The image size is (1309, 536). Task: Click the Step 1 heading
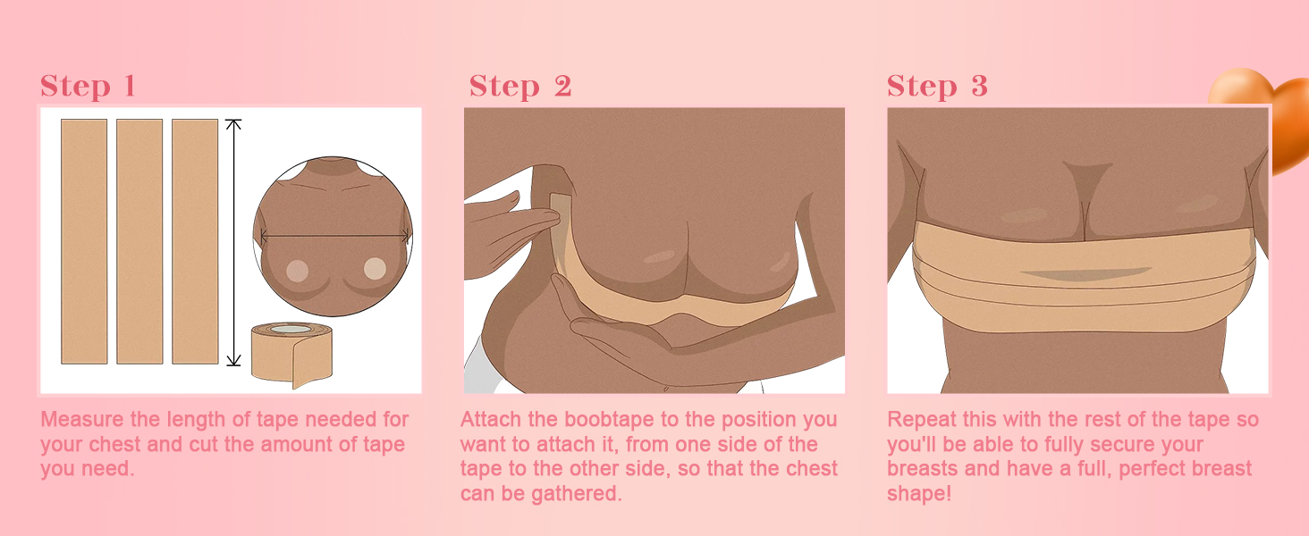88,87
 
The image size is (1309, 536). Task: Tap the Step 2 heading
520,87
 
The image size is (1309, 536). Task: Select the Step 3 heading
937,87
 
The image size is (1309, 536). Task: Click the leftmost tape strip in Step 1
84,242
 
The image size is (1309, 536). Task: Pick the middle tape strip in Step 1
139,242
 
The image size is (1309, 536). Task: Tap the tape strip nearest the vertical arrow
195,242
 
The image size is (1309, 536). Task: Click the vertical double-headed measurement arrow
233,242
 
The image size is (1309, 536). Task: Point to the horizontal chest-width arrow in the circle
334,236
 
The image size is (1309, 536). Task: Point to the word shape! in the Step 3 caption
919,494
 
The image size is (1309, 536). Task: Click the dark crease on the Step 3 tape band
1085,273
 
